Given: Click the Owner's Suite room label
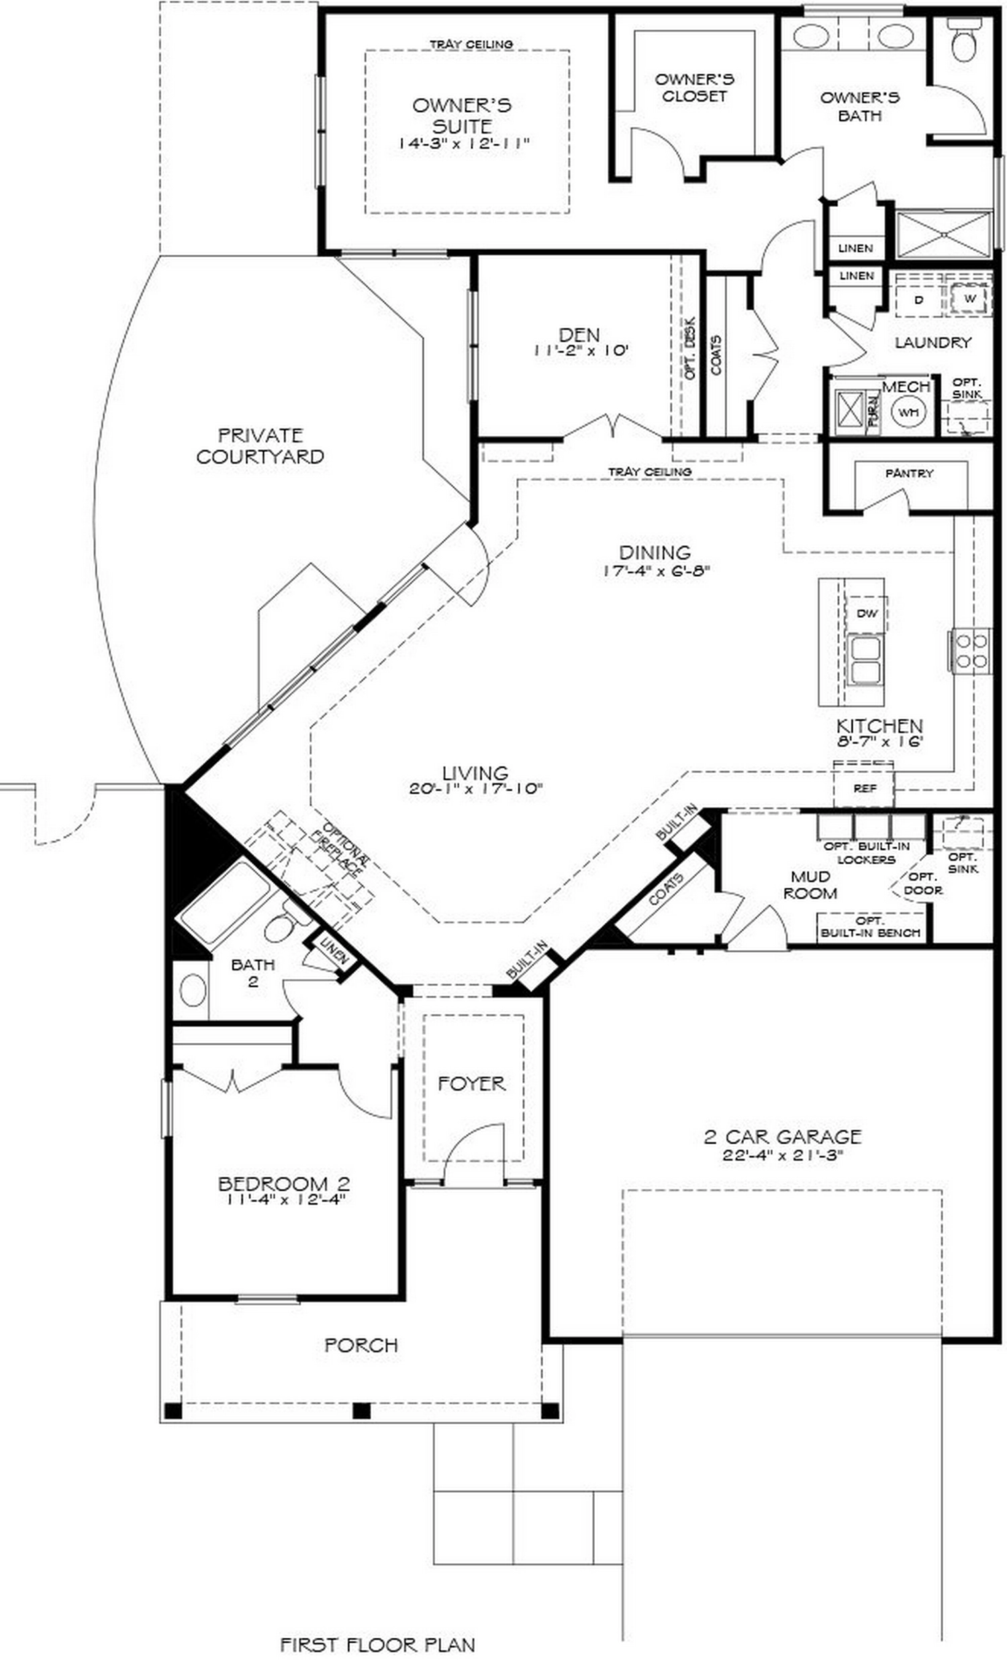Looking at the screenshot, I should pos(461,116).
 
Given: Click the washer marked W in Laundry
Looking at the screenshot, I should pos(969,297).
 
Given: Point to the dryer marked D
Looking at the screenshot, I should pos(918,299).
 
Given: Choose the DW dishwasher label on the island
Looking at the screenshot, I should pos(866,613).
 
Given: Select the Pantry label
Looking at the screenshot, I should pos(909,473).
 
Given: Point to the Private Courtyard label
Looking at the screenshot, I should pos(260,445).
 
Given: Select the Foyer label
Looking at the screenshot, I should pos(471,1083).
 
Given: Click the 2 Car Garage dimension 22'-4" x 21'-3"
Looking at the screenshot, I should pos(782,1155).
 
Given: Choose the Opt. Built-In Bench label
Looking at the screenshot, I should pos(870,927).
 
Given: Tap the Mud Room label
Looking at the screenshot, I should pos(810,884).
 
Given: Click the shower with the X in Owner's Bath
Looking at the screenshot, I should pos(945,234).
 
